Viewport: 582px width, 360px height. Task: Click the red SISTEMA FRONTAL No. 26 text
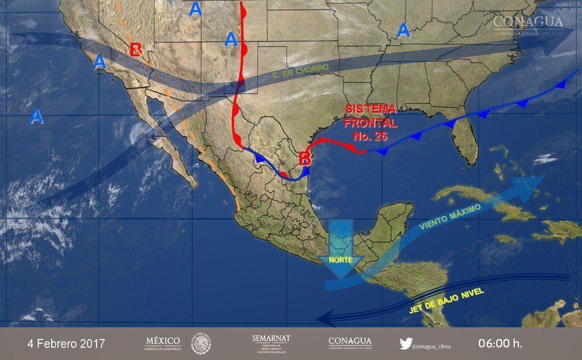coord(371,122)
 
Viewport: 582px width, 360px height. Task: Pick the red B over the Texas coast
coord(305,158)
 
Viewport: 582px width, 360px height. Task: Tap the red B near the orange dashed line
coord(136,48)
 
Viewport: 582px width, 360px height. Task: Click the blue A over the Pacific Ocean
coord(37,116)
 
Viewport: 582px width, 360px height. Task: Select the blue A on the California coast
coord(99,61)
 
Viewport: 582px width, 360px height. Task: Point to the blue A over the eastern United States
coord(403,29)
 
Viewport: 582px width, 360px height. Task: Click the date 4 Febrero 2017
coord(66,344)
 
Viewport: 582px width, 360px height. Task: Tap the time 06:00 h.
coord(500,344)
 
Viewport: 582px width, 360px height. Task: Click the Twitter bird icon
coord(406,344)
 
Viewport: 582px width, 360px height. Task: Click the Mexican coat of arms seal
coord(201,344)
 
